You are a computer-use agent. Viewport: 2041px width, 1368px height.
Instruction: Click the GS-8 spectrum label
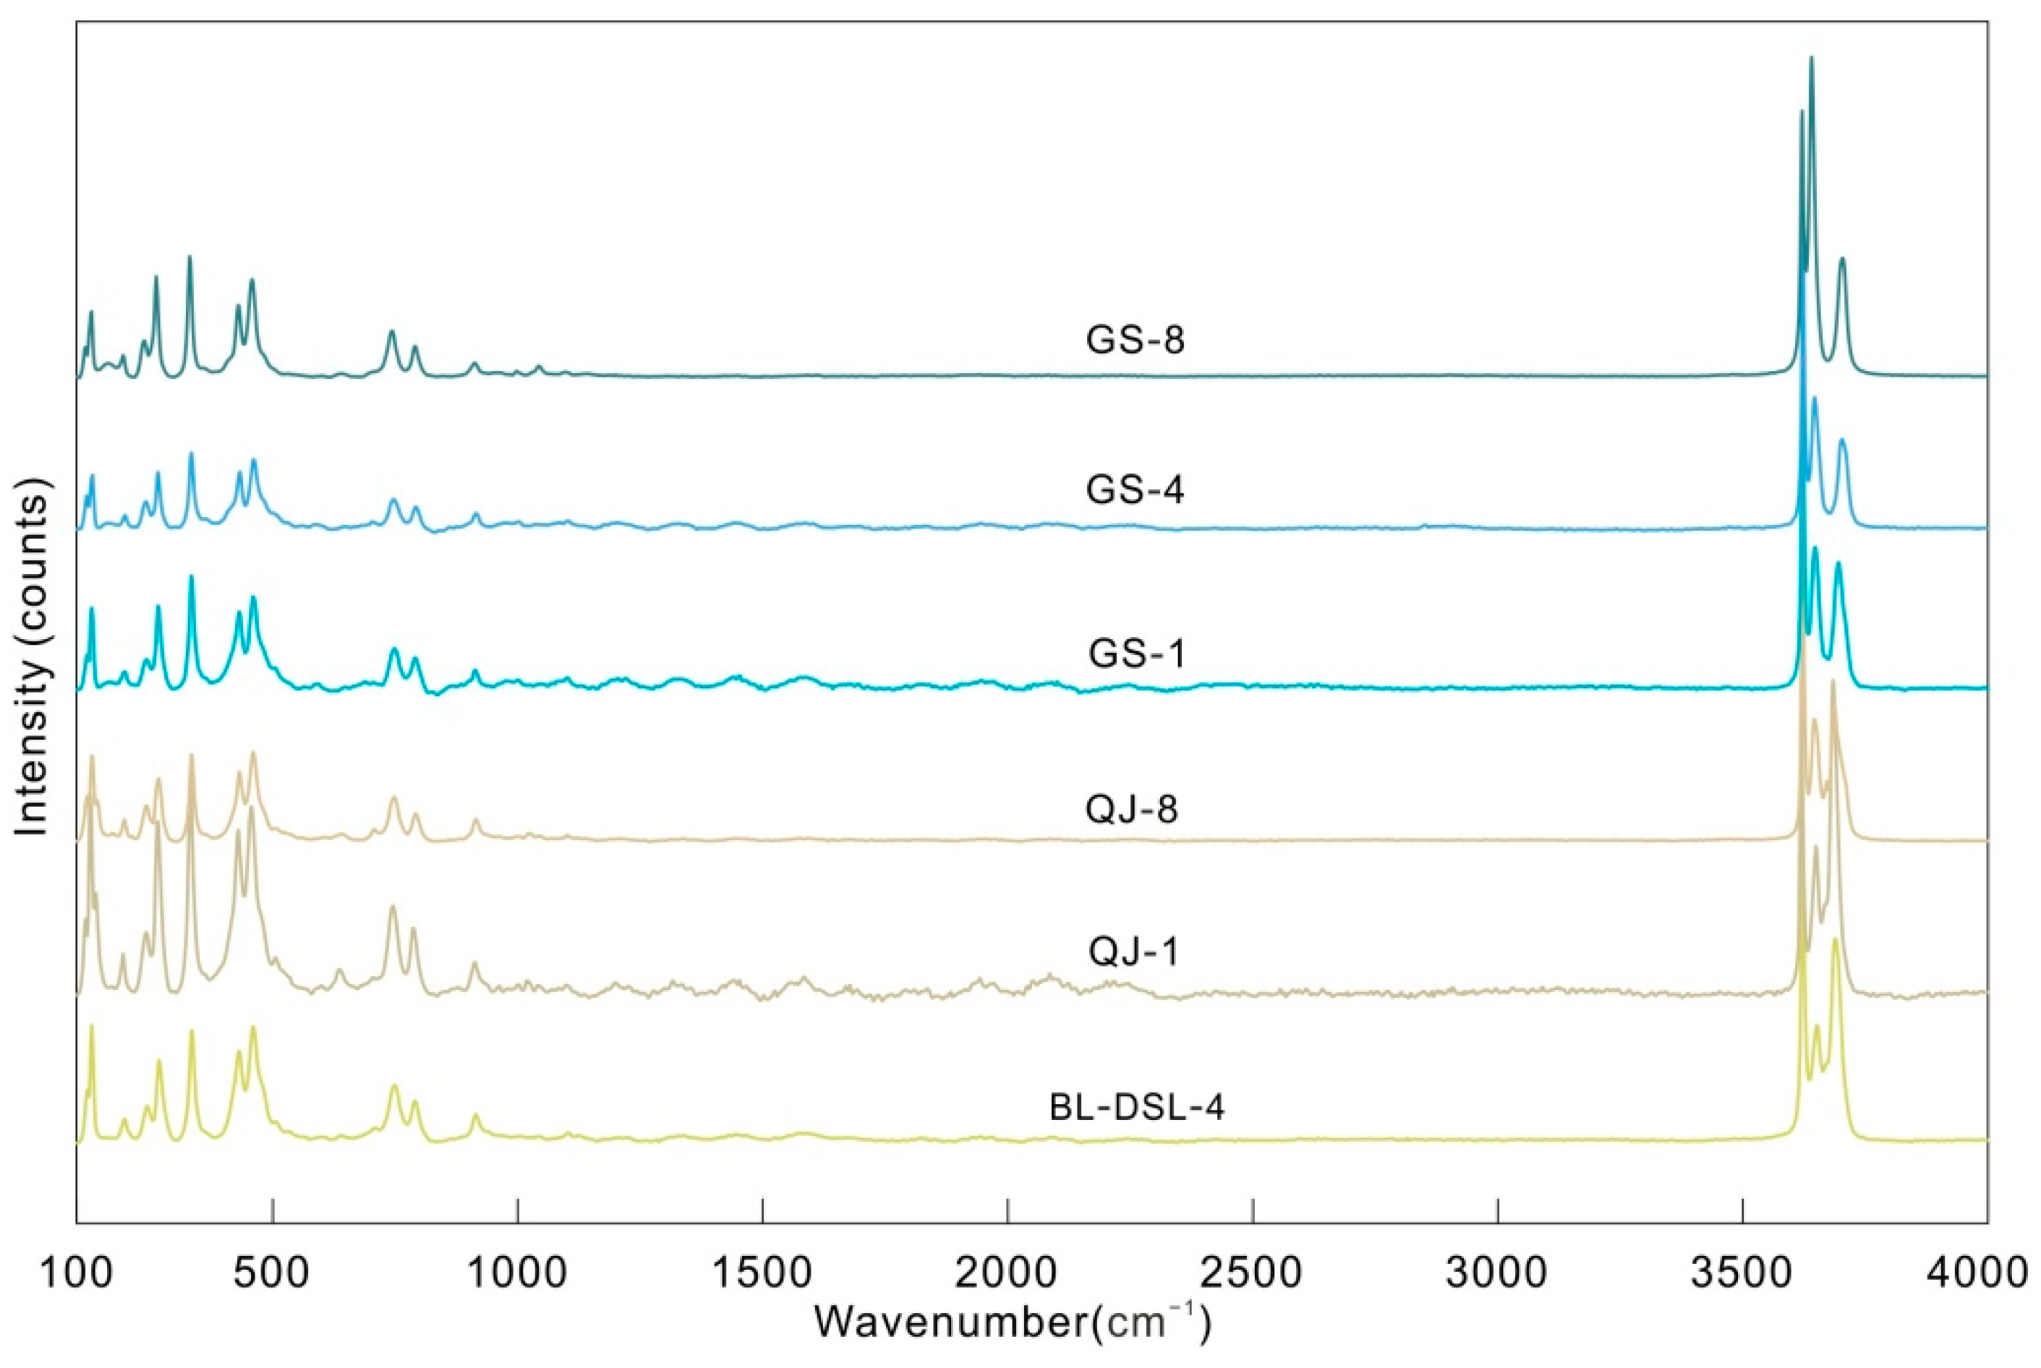click(1135, 341)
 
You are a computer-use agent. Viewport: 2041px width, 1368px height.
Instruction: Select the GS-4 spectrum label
click(1135, 491)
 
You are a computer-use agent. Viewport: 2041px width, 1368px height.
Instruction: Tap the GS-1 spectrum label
click(1137, 654)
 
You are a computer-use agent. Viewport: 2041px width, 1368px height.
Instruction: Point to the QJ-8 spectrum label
click(1132, 811)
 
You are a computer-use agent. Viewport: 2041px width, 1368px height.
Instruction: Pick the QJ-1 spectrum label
click(1133, 952)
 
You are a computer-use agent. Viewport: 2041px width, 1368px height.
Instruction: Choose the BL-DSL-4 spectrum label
click(1137, 1107)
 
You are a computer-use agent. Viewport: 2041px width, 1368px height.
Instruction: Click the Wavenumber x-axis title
click(1013, 1323)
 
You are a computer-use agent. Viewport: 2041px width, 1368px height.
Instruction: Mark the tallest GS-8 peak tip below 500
click(189, 257)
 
